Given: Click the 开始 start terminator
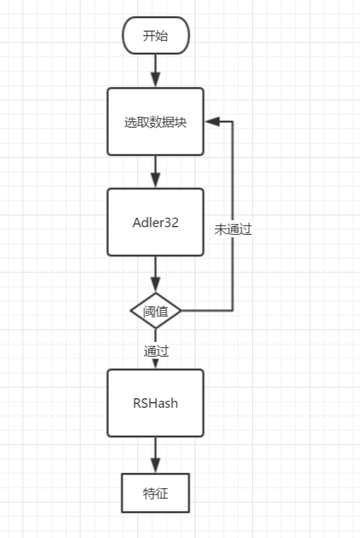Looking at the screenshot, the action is point(156,35).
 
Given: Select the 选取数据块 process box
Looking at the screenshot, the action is point(156,121).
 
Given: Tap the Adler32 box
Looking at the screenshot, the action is point(156,222).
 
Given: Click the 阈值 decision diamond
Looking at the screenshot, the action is point(156,311).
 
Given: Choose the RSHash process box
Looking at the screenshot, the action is point(156,403).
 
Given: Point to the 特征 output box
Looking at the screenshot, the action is point(156,493).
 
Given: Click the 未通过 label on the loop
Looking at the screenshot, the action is point(233,229).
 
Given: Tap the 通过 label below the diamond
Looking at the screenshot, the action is point(156,351).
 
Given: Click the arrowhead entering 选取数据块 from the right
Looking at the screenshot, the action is point(212,121).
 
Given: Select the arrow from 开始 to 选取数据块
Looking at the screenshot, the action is point(156,71).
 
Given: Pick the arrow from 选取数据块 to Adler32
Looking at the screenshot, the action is point(156,172).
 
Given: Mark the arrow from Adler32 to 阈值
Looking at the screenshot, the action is point(156,274).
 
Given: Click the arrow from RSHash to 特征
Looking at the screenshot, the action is point(156,455).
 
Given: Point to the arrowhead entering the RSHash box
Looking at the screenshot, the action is point(156,364).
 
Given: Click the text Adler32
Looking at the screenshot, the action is point(156,222).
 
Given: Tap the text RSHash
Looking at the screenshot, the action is point(156,403).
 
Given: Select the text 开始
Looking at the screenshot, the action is point(156,36).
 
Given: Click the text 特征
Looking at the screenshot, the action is point(156,493).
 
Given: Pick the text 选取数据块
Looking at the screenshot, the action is point(156,122).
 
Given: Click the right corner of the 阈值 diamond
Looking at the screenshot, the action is point(181,311).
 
